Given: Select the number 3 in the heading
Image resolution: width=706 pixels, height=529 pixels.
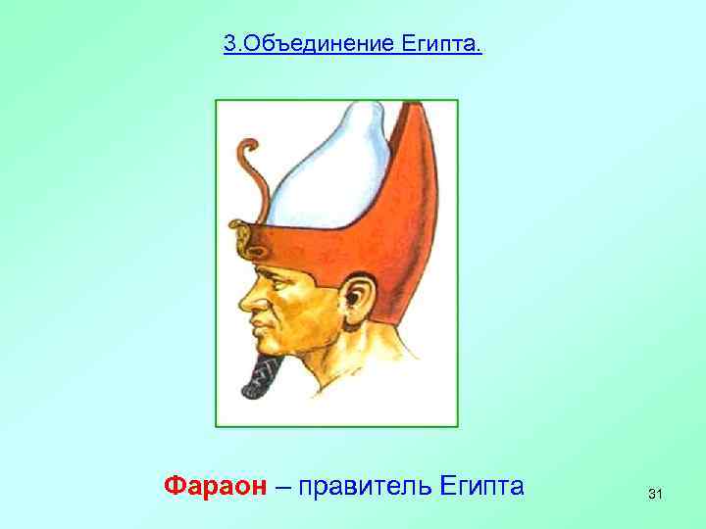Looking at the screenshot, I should [228, 45].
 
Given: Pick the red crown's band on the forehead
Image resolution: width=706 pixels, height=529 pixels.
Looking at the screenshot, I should [294, 240].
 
